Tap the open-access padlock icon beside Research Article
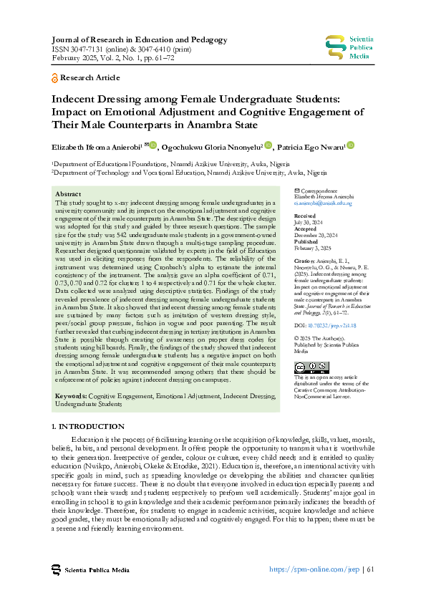point(55,77)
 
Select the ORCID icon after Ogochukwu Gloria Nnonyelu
point(268,146)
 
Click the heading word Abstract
point(68,194)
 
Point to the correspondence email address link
point(323,203)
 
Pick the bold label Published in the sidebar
point(307,241)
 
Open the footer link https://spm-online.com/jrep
point(314,570)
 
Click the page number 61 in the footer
point(370,570)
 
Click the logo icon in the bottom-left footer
point(56,570)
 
